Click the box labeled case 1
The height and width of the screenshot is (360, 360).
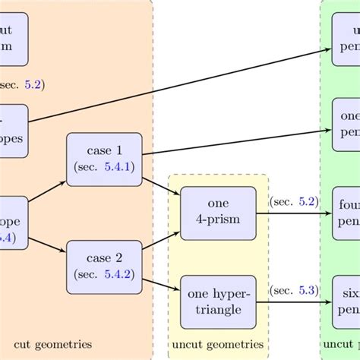click(104, 159)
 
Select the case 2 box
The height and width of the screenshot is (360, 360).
click(104, 267)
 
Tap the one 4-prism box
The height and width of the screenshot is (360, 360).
click(218, 213)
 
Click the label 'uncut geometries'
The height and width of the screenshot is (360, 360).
click(217, 345)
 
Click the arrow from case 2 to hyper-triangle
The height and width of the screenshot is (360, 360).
click(161, 284)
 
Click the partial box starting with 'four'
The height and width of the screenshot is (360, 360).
click(346, 213)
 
